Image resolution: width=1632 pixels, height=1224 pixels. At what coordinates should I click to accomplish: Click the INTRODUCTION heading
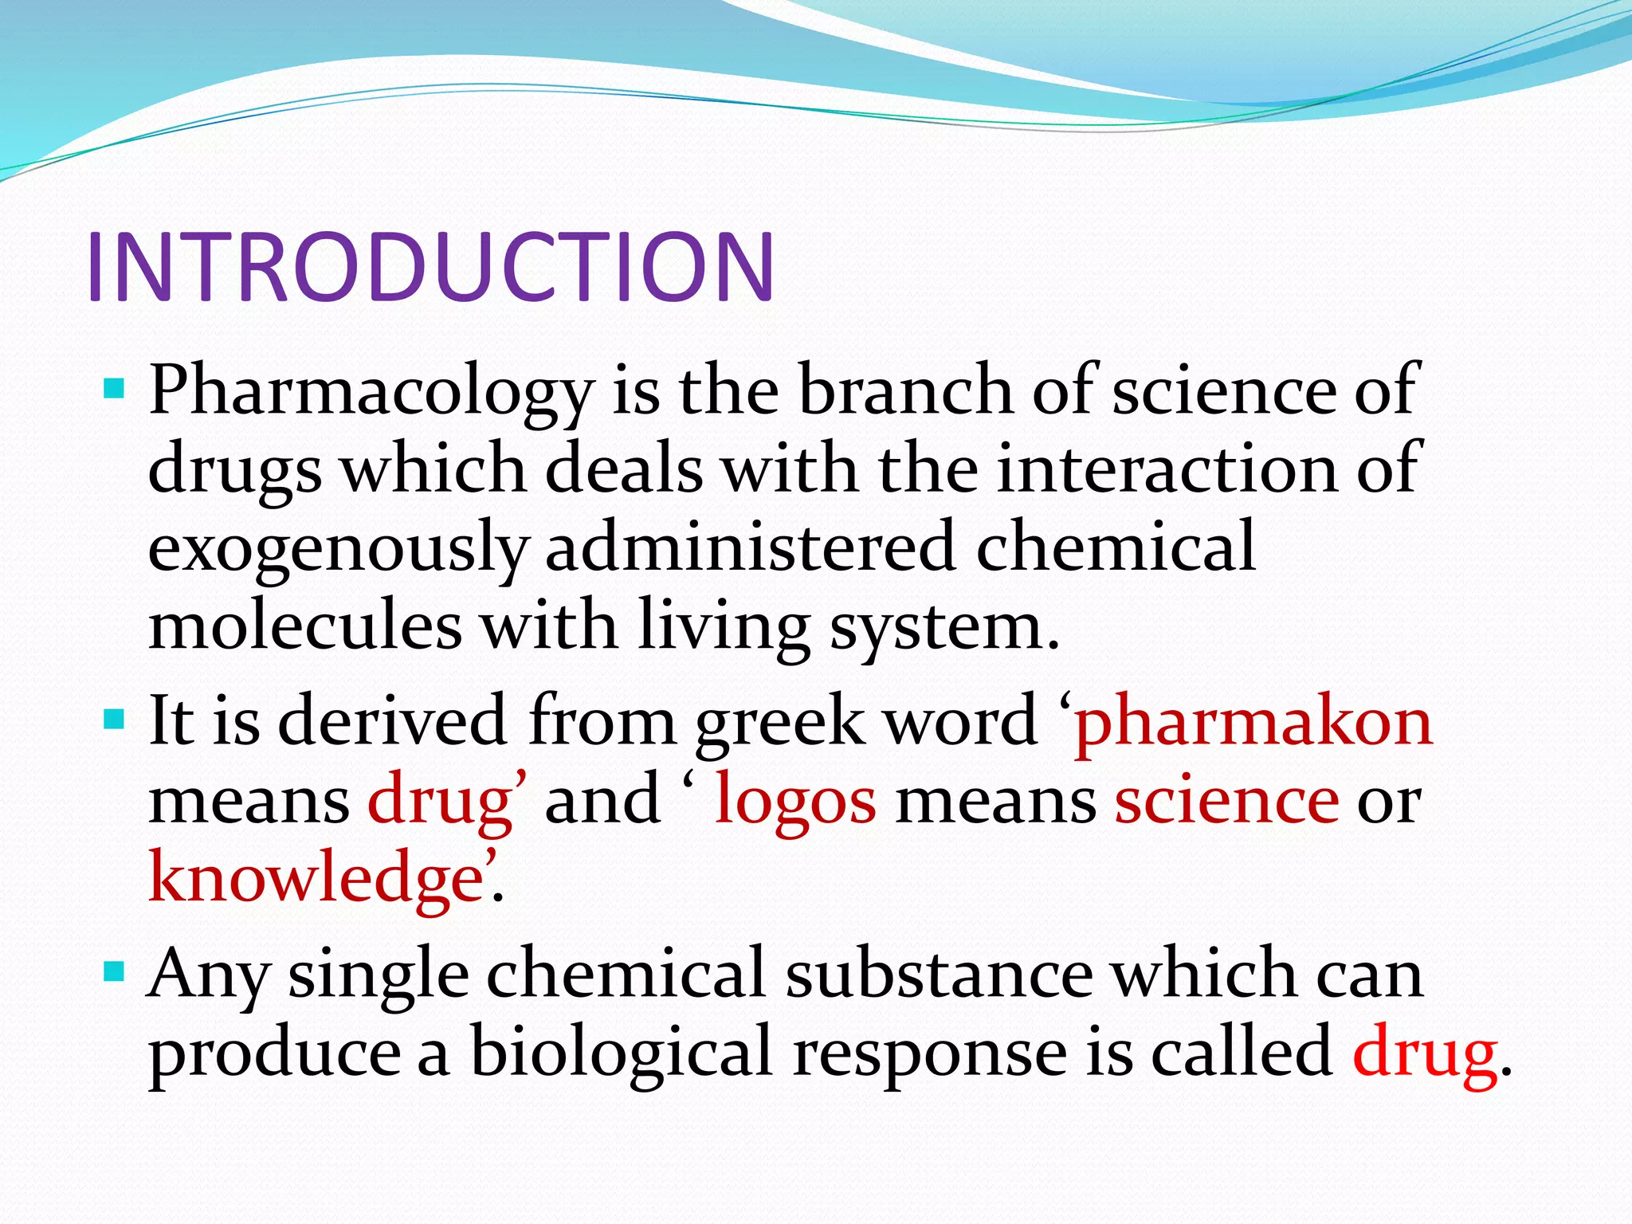tap(430, 267)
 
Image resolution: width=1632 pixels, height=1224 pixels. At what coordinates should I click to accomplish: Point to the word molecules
tap(305, 626)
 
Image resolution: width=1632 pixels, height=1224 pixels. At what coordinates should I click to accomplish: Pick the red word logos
tap(795, 801)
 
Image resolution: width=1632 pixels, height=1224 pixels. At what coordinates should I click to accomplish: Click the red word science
tap(1226, 801)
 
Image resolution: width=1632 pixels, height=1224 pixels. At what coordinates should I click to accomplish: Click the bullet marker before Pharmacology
tap(115, 390)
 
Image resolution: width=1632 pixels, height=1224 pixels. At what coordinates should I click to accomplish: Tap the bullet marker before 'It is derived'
tap(115, 720)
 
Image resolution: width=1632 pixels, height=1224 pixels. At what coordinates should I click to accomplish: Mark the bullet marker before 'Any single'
tap(115, 971)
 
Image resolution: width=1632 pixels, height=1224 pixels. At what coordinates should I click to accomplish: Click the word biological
tap(622, 1052)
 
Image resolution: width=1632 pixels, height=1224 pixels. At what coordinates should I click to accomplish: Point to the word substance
tap(940, 974)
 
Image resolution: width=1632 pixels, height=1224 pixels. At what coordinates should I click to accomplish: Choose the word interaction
tap(1167, 469)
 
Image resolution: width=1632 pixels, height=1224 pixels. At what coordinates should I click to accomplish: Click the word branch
tap(905, 390)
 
